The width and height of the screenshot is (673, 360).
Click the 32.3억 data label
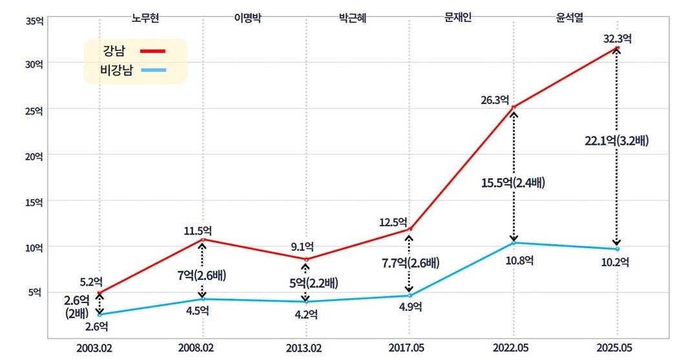(617, 38)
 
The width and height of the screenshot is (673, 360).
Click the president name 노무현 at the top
(145, 17)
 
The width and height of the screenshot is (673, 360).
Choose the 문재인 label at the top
(458, 17)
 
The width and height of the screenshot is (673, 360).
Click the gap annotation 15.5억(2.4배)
(513, 182)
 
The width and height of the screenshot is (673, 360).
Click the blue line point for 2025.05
(617, 249)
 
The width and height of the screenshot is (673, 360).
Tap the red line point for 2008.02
(203, 240)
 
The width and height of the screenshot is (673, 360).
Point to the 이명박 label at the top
(247, 17)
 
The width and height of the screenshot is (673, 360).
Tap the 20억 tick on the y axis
(34, 155)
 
